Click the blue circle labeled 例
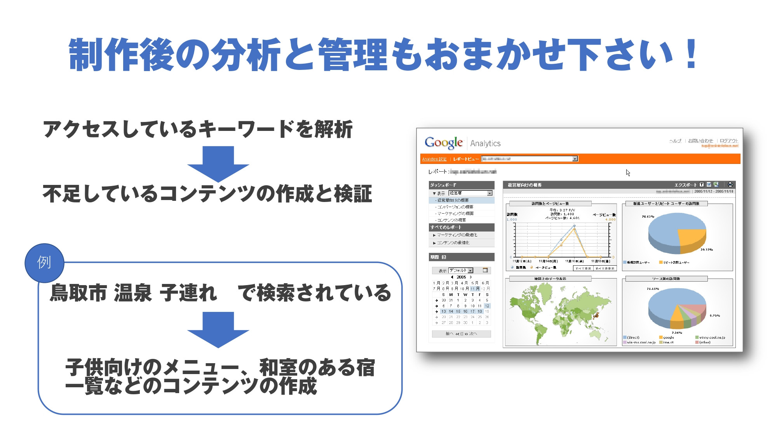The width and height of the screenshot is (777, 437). (x=44, y=263)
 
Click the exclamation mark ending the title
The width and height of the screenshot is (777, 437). (x=691, y=54)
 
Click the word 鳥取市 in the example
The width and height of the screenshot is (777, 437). (x=78, y=292)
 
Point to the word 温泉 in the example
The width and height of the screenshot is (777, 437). (x=132, y=292)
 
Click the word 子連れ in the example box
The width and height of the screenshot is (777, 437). (x=188, y=292)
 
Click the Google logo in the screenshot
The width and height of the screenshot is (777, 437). (x=444, y=143)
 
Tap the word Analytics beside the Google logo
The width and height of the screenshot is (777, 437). (x=485, y=143)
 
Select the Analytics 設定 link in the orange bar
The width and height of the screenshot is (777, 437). (x=434, y=159)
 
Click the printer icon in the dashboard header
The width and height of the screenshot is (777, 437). (x=730, y=185)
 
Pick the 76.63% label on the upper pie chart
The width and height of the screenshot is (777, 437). (x=648, y=216)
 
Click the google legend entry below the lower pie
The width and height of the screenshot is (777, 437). (x=668, y=337)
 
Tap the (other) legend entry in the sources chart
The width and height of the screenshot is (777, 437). (x=704, y=342)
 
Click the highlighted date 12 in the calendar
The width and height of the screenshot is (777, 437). (x=487, y=306)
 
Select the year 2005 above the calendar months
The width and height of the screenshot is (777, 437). (x=461, y=277)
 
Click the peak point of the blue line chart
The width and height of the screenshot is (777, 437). (x=575, y=226)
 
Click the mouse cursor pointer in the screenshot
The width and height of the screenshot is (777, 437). (x=627, y=172)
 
